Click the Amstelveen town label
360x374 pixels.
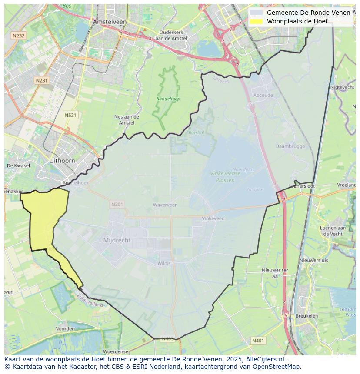[109, 22]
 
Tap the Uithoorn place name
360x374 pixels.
[62, 161]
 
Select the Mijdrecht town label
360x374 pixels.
[117, 240]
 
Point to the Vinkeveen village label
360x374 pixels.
[213, 218]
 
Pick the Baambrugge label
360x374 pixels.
[290, 146]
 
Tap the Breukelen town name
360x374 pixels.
[306, 316]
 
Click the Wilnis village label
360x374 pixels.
[164, 263]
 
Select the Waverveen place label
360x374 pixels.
[165, 205]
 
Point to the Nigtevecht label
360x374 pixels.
[342, 87]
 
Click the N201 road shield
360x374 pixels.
[117, 204]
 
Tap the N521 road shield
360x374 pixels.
[70, 115]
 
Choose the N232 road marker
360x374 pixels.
[19, 36]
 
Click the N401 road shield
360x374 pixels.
[258, 341]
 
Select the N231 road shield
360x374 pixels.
[42, 80]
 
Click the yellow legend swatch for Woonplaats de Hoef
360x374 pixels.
[257, 21]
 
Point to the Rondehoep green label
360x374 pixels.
[168, 99]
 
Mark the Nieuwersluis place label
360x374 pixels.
[314, 260]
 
